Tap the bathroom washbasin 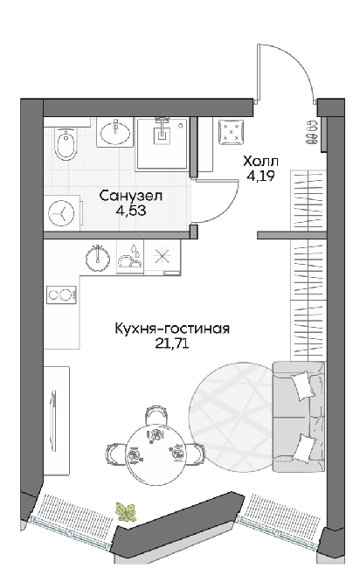(115, 132)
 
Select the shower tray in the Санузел (163, 143)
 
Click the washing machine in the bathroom (63, 212)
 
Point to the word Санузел (131, 196)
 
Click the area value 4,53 (131, 211)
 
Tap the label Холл (260, 162)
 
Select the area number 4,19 (261, 176)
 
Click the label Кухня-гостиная (173, 329)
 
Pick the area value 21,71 (173, 343)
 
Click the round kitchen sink (98, 257)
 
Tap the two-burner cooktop (61, 295)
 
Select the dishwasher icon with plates (130, 256)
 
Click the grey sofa (298, 417)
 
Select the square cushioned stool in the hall (231, 131)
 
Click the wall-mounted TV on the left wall (54, 420)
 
